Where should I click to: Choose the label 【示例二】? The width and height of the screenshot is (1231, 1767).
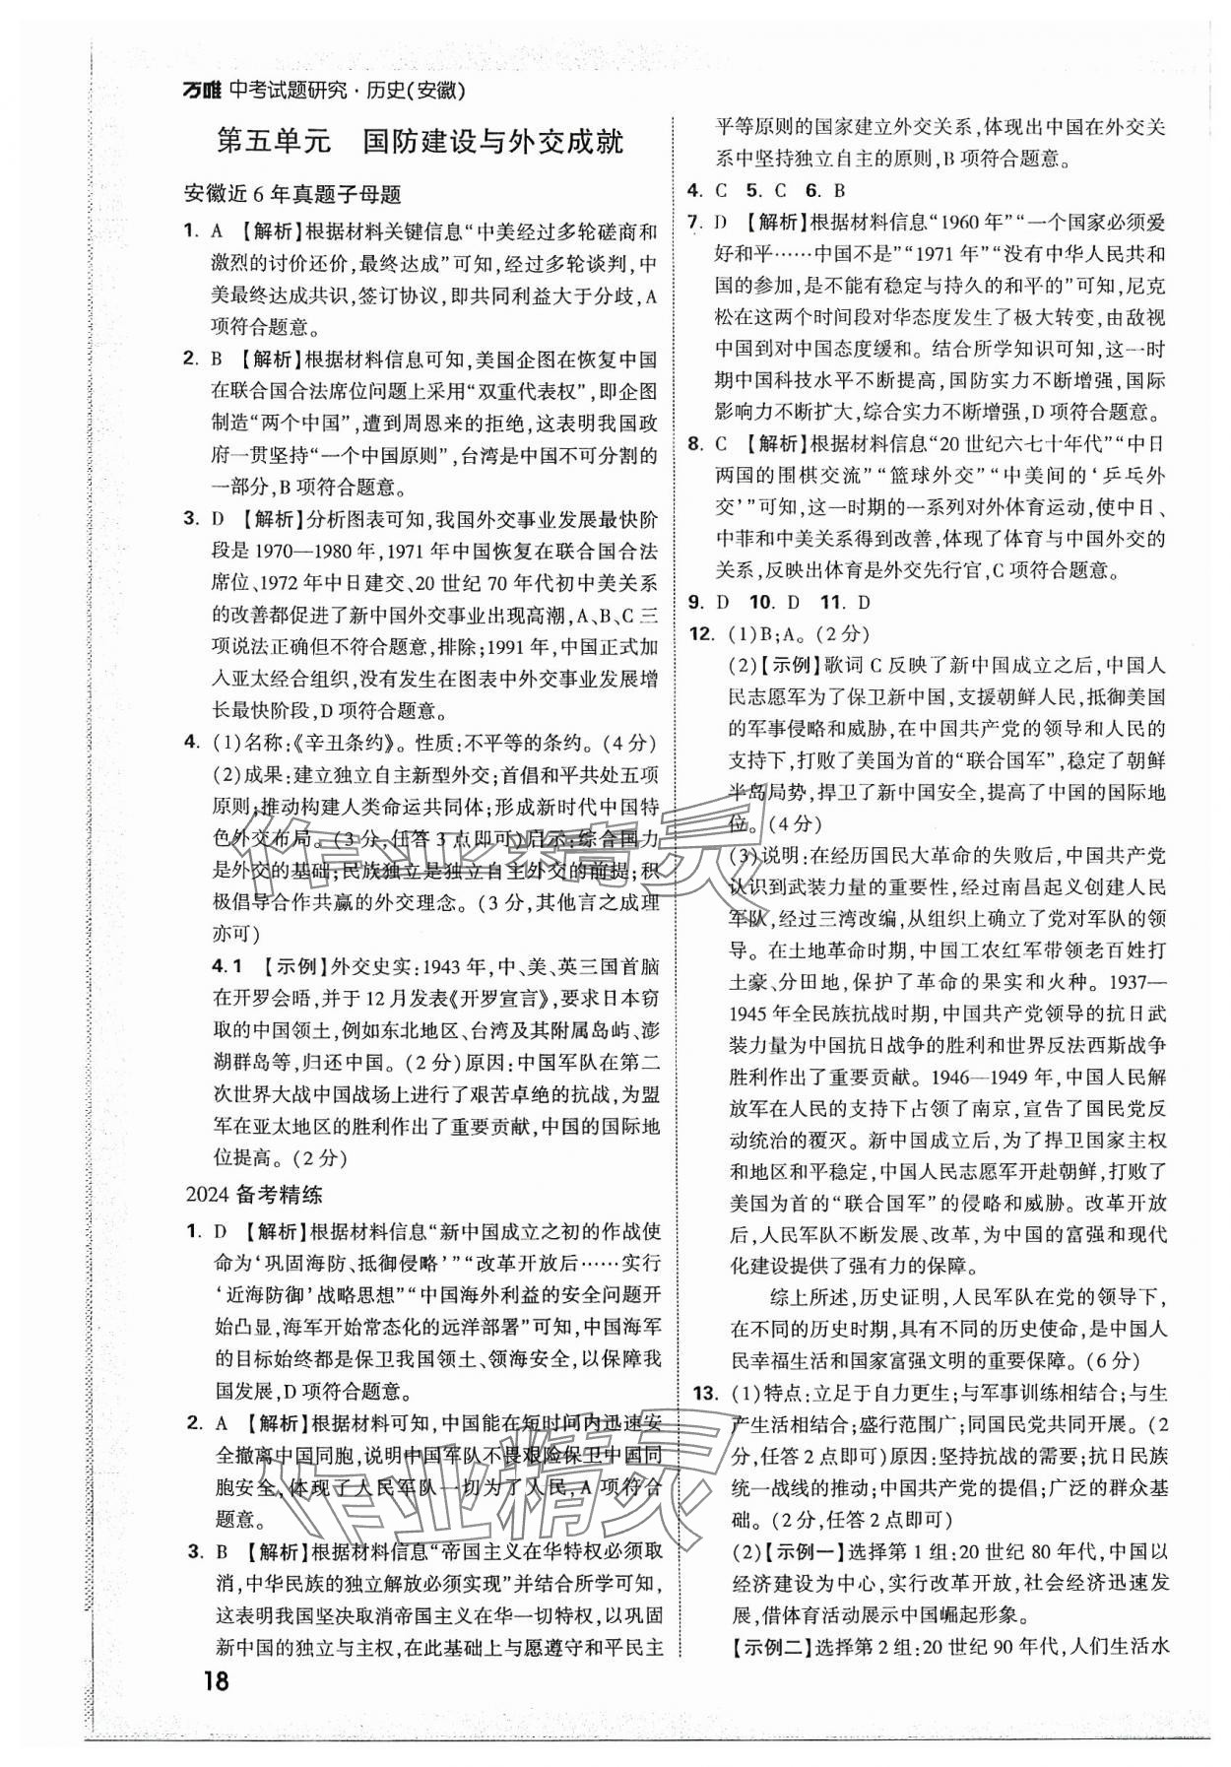click(x=755, y=1647)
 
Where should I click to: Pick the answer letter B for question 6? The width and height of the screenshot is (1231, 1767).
click(x=840, y=191)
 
